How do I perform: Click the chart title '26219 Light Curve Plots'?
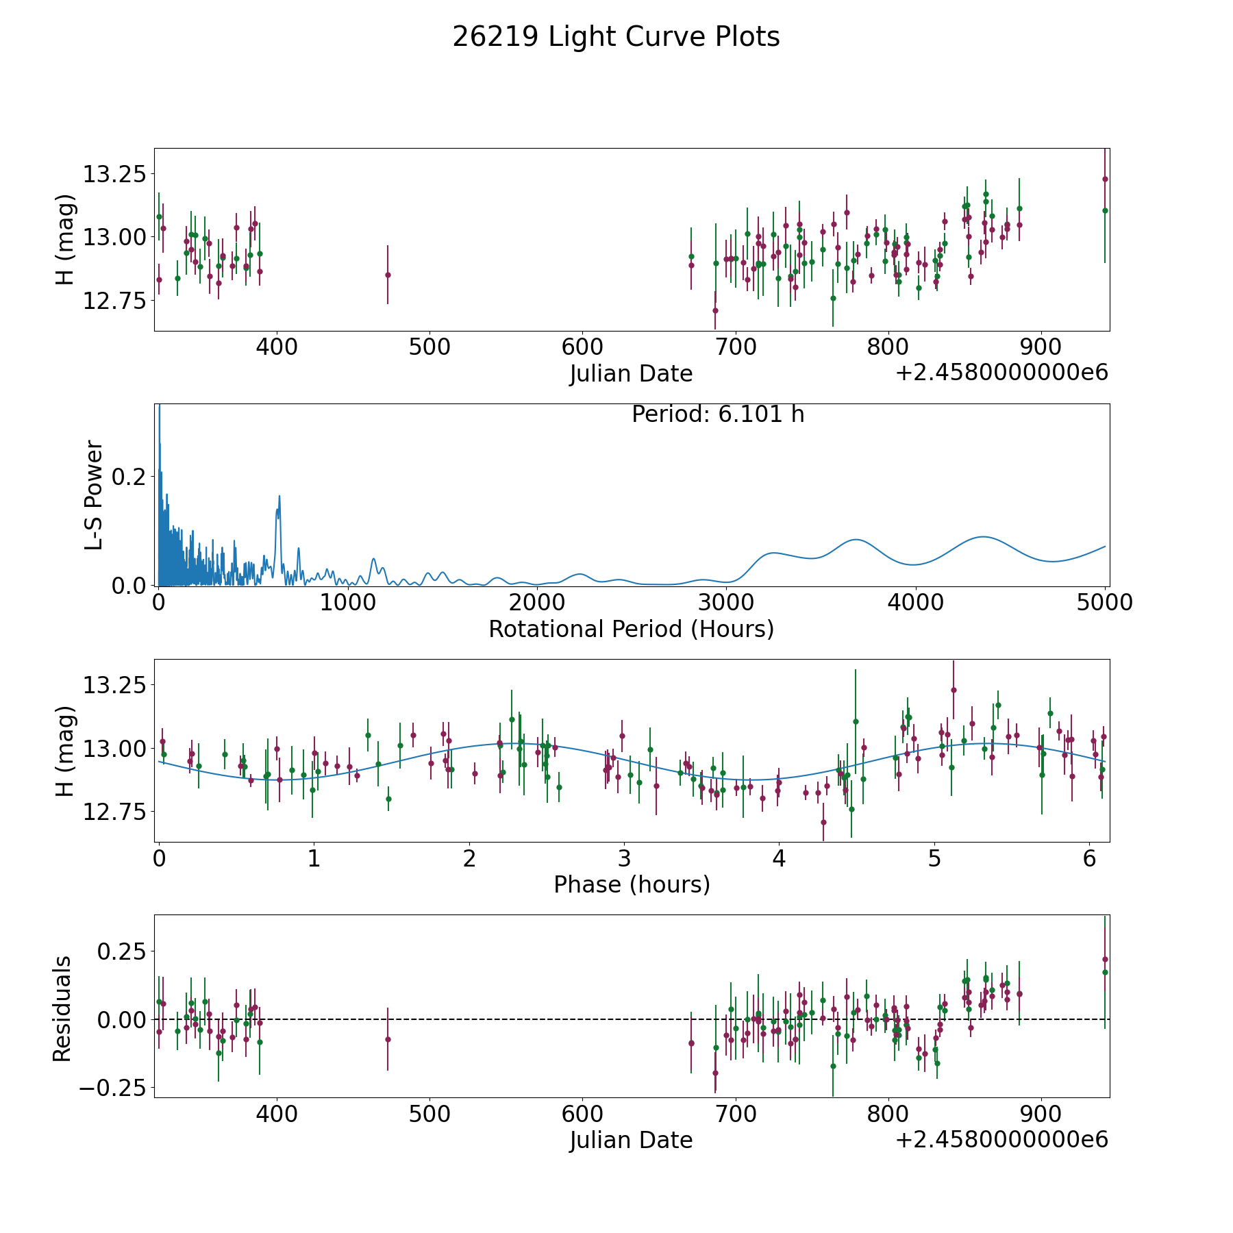(616, 37)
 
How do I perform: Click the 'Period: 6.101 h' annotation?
(717, 414)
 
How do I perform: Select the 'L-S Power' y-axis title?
(94, 495)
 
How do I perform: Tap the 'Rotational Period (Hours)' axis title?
(631, 629)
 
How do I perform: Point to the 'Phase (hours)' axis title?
(632, 884)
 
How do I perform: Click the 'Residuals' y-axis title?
(62, 1009)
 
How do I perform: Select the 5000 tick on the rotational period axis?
(1104, 602)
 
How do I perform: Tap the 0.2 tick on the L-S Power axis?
(129, 477)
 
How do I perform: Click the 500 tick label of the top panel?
(429, 347)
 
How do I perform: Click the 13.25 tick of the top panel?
(114, 174)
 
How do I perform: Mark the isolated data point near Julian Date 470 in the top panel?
(388, 275)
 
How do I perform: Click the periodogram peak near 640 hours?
(279, 496)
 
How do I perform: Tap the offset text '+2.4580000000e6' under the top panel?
(1001, 373)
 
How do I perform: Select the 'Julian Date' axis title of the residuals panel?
(631, 1140)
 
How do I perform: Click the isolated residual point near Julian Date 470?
(388, 1039)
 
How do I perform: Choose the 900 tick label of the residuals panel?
(1041, 1114)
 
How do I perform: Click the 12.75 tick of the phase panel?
(114, 812)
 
